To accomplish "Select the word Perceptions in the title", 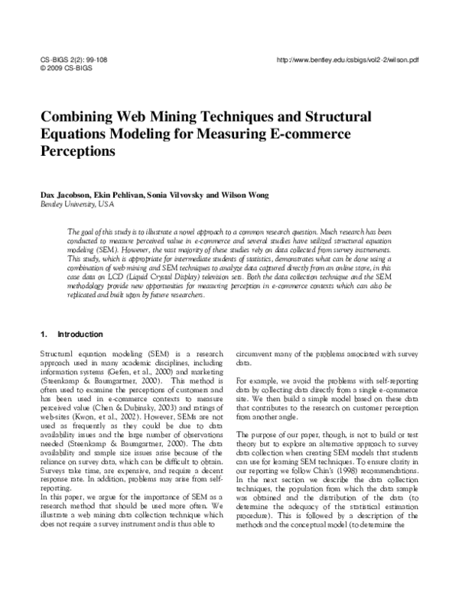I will (76, 151).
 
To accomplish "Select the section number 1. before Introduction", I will (43, 334).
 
